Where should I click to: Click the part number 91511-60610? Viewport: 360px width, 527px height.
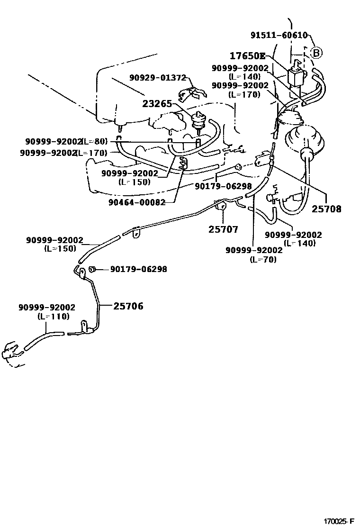tap(279, 35)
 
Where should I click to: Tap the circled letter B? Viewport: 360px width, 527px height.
tap(316, 52)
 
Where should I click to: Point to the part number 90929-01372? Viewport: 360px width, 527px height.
tap(158, 77)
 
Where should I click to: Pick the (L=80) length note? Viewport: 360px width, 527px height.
tap(95, 141)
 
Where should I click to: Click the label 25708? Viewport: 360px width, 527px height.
tap(326, 209)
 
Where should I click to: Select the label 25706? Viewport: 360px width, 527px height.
tap(128, 306)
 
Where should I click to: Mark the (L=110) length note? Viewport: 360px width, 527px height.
tap(53, 316)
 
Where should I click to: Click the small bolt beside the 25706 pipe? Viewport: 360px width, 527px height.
tap(93, 269)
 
